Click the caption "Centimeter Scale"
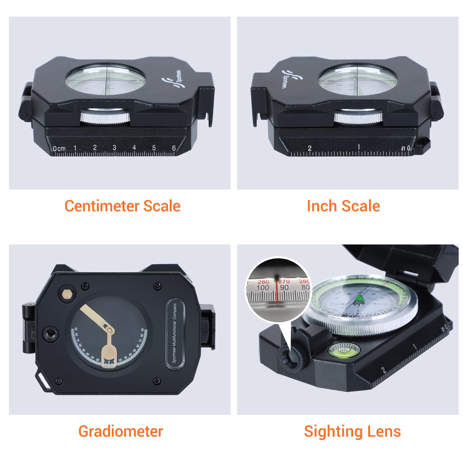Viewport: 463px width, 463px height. click(x=122, y=206)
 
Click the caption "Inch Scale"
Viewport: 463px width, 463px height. click(x=343, y=206)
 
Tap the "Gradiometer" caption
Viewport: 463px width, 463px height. click(x=120, y=431)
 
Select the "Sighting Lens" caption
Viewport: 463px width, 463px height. click(x=352, y=431)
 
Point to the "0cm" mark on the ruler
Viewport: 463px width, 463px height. click(x=59, y=148)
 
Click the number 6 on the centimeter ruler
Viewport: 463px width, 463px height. click(x=174, y=148)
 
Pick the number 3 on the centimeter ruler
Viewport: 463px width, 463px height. click(x=115, y=148)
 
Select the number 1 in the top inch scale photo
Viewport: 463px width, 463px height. click(x=358, y=147)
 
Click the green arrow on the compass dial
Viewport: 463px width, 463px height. click(x=360, y=298)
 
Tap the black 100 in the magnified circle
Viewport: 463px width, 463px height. click(x=263, y=287)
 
